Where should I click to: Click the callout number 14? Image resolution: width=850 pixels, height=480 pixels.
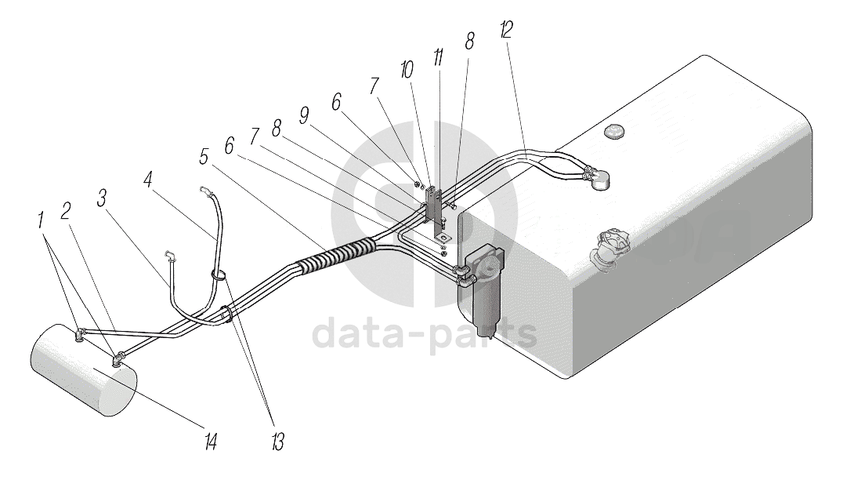[210, 442]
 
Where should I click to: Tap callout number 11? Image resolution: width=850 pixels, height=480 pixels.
[439, 57]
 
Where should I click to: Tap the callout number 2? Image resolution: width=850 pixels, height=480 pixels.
[67, 210]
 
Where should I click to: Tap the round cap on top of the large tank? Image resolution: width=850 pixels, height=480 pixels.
[614, 133]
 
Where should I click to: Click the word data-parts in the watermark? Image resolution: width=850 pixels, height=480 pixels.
[424, 335]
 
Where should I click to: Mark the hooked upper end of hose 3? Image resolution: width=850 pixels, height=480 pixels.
[170, 254]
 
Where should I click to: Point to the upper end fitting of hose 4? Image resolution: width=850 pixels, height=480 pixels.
[204, 189]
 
